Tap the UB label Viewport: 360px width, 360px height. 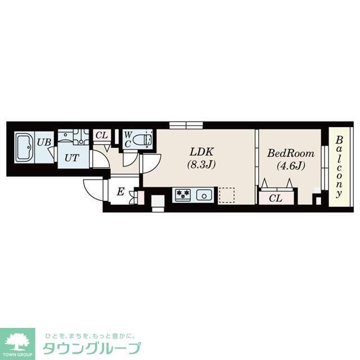44,142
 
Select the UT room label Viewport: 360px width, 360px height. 71,158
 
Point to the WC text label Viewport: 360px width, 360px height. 128,139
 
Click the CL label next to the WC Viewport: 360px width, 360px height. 101,135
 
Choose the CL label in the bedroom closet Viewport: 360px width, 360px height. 275,198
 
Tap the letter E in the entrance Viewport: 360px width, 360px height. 120,192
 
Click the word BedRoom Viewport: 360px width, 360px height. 290,153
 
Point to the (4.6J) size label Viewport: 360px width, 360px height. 290,165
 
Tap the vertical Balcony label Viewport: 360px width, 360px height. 339,167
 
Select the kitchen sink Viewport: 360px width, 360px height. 202,195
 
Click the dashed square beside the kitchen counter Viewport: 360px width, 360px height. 226,194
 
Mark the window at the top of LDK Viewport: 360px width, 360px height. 186,125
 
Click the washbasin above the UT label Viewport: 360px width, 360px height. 68,137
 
